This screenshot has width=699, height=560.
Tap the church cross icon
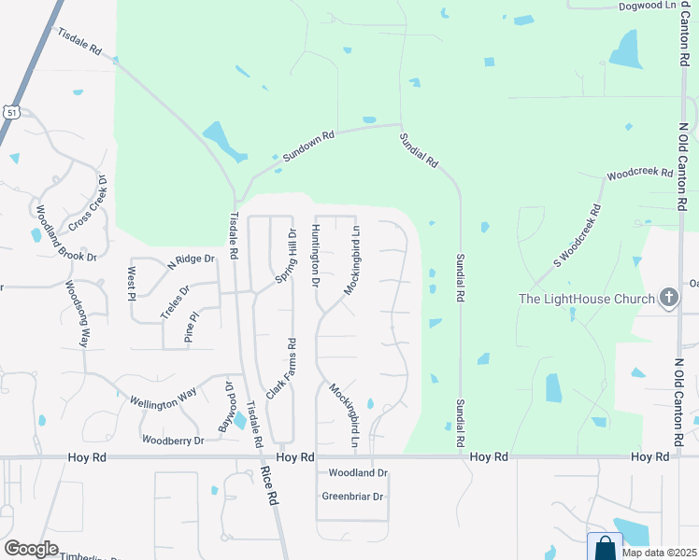click(x=669, y=299)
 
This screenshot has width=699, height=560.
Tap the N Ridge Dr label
click(x=191, y=262)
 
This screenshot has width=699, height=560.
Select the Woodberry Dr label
click(x=173, y=439)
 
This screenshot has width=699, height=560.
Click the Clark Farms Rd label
click(x=279, y=369)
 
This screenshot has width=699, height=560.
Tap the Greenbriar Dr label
click(x=353, y=497)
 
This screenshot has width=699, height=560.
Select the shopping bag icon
click(x=606, y=547)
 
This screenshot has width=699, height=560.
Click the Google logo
click(x=31, y=549)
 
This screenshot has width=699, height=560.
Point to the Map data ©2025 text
click(x=659, y=552)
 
